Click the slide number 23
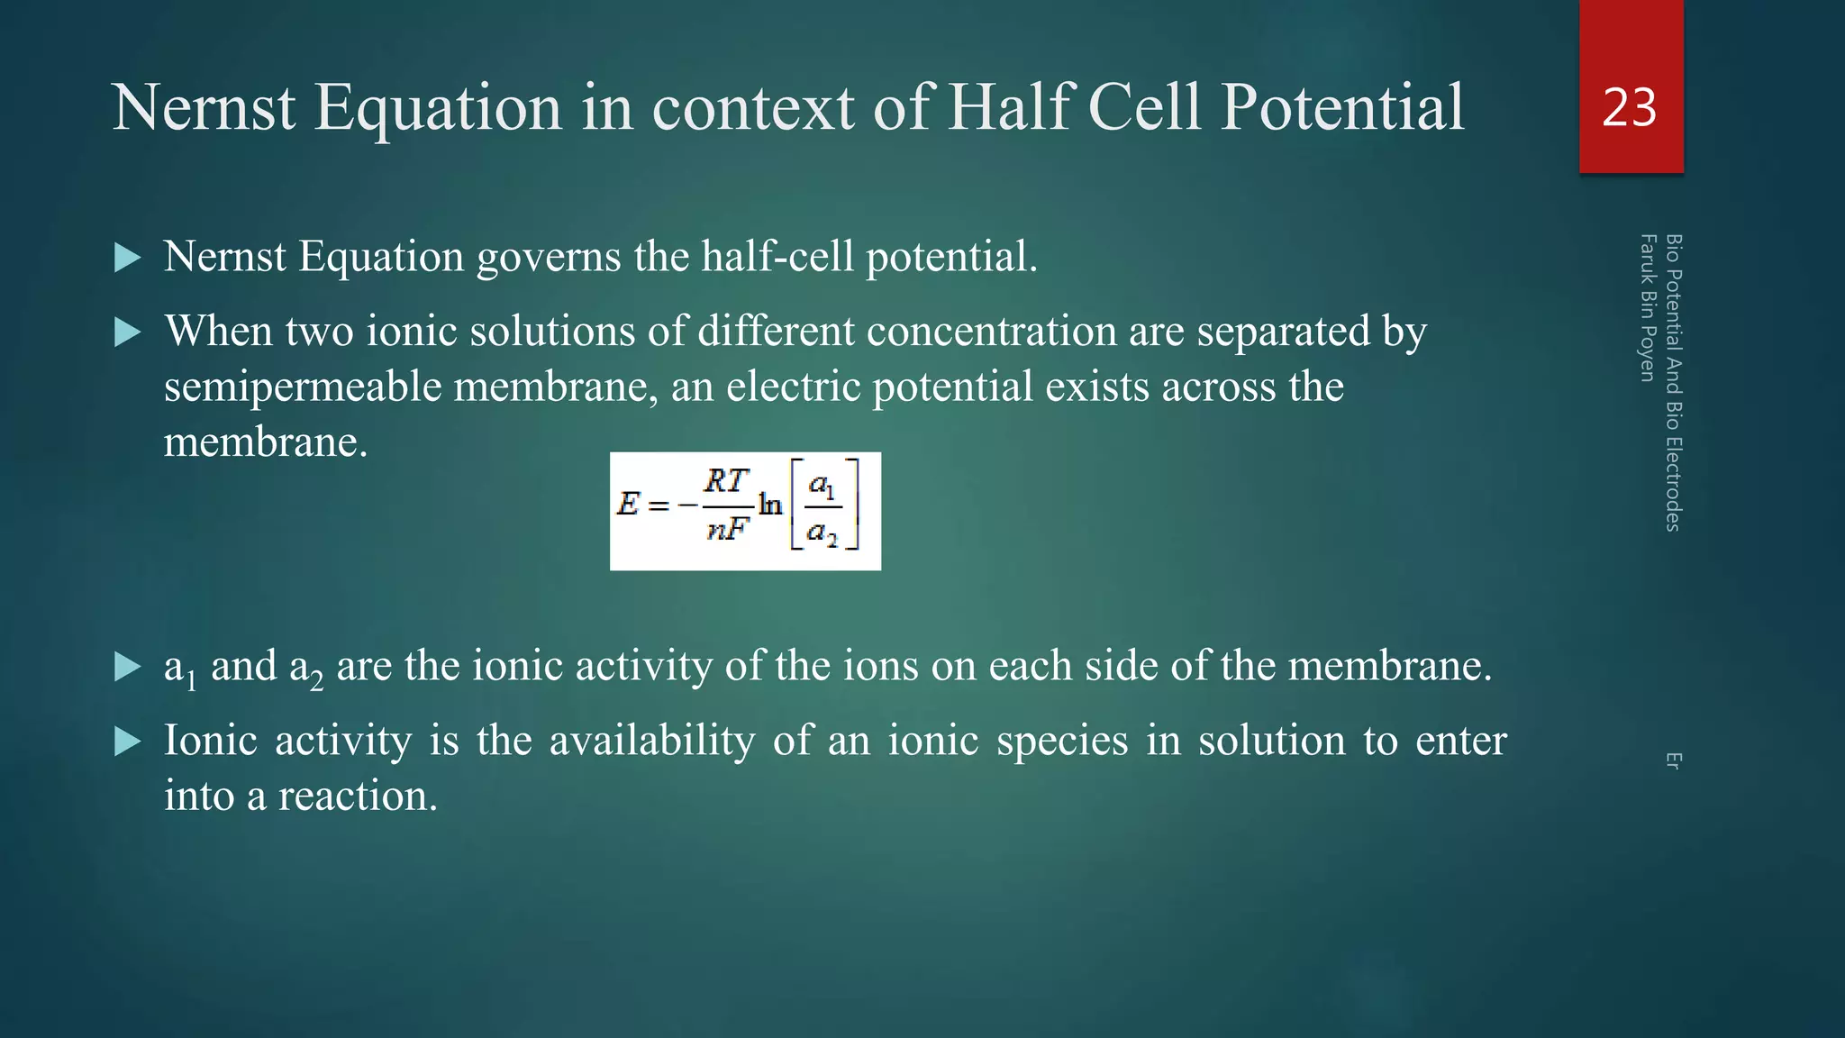click(x=1630, y=107)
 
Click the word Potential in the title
click(x=1343, y=107)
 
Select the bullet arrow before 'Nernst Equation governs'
click(x=128, y=259)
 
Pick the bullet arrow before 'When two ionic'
click(x=128, y=333)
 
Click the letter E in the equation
click(x=628, y=503)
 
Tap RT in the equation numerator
click(x=726, y=481)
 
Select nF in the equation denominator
click(x=727, y=529)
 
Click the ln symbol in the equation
click(x=770, y=504)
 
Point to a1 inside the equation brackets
click(x=822, y=486)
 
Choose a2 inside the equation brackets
click(x=822, y=533)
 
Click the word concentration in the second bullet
click(x=991, y=331)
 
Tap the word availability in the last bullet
click(x=652, y=742)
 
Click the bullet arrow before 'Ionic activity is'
click(x=128, y=742)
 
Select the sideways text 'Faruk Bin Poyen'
click(x=1648, y=307)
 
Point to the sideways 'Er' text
click(x=1673, y=760)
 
